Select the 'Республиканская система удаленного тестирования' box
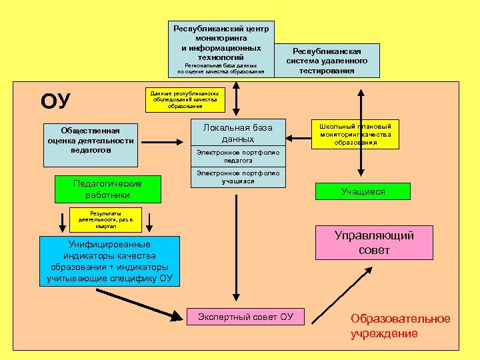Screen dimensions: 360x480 (327, 61)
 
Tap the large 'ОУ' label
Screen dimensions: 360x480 (55, 101)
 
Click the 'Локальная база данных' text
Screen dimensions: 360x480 (238, 133)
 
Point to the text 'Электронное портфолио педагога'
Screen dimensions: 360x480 (238, 157)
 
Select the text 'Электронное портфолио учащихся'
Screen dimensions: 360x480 (238, 177)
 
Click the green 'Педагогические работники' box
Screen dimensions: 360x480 (107, 189)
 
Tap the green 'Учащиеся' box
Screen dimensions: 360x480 (363, 191)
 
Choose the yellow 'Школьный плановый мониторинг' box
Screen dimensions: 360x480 (355, 133)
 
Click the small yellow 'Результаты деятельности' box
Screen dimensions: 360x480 (105, 219)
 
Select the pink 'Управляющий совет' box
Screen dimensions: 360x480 (374, 243)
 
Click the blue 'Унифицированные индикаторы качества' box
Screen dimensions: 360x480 (109, 261)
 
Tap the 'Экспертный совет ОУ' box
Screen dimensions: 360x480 (246, 317)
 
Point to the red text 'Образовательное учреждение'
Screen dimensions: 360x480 (400, 327)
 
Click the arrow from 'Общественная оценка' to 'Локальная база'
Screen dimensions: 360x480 (160, 141)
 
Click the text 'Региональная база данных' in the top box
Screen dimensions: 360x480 (221, 69)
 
